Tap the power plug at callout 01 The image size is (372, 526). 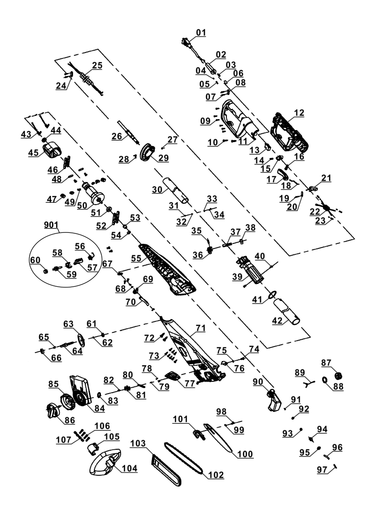187,43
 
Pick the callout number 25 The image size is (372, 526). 97,65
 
